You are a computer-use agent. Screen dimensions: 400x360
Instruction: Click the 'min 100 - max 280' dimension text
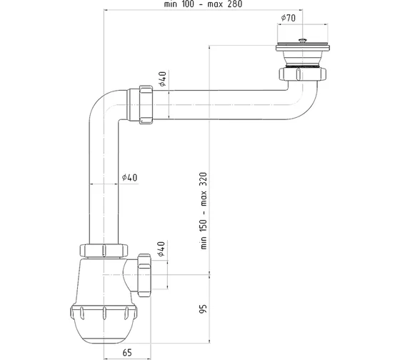[203, 4]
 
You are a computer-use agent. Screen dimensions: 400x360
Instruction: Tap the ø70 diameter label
[289, 18]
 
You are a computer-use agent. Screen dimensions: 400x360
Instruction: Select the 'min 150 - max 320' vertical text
[204, 211]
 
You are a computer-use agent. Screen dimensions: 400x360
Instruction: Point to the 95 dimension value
[204, 309]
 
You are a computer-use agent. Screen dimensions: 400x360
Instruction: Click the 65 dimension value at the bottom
[127, 353]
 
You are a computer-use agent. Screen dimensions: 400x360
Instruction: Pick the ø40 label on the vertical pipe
[129, 177]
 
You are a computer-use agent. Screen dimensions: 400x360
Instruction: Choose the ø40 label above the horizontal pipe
[162, 79]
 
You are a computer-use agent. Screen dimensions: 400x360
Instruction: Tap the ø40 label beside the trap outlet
[161, 249]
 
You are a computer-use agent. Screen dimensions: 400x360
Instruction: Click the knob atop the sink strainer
[303, 40]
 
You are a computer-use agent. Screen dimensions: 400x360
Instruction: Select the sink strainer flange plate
[303, 47]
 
